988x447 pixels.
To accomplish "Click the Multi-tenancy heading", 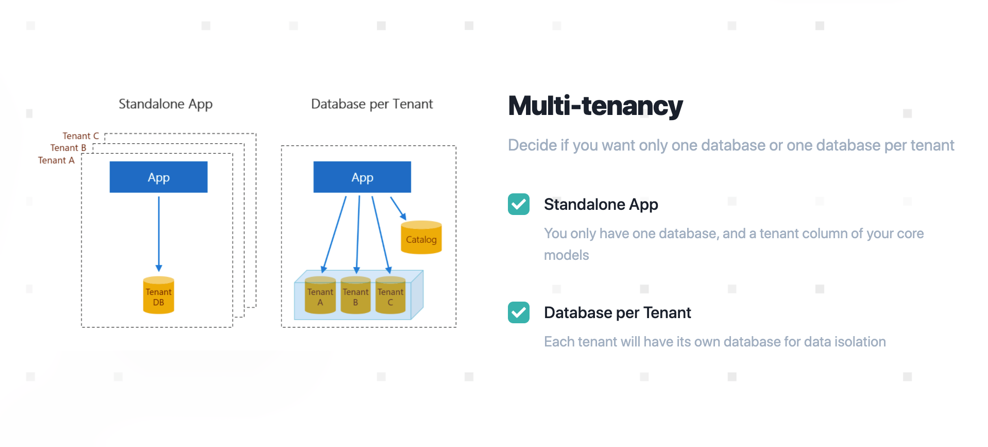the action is click(x=595, y=106).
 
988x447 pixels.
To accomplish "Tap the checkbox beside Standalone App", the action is click(x=519, y=204).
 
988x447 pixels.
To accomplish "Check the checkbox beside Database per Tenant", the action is click(x=519, y=312).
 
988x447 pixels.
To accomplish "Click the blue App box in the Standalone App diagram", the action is click(x=159, y=177).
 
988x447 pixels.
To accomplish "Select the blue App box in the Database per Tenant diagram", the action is click(x=362, y=177).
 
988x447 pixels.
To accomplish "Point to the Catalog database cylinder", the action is click(x=421, y=237).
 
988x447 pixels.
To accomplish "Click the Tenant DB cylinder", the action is click(x=159, y=295).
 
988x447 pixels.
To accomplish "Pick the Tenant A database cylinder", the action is click(x=320, y=295).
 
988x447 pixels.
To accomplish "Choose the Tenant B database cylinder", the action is click(x=355, y=295).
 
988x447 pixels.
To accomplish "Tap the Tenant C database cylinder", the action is click(x=390, y=295).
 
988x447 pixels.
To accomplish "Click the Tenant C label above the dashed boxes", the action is click(x=81, y=136).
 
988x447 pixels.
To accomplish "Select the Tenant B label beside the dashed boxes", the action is click(x=69, y=148).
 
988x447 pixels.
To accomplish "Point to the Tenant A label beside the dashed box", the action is click(x=56, y=160).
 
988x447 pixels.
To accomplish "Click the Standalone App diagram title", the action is click(x=165, y=104).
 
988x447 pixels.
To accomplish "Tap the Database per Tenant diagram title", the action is click(x=372, y=104).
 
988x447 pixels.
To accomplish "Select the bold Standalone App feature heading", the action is click(x=601, y=205).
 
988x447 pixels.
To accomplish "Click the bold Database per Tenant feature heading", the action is click(x=618, y=313).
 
